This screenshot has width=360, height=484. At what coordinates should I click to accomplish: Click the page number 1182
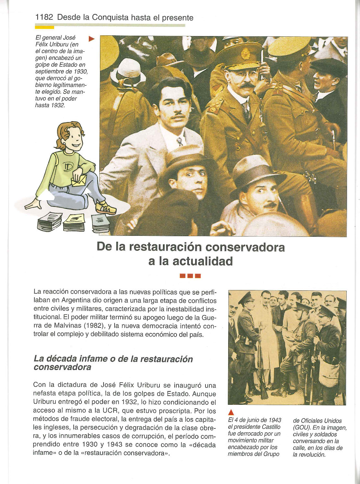click(x=44, y=17)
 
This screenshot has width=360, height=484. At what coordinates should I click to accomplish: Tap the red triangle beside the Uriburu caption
click(x=91, y=39)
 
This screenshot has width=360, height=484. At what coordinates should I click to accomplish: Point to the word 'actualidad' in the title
click(x=203, y=261)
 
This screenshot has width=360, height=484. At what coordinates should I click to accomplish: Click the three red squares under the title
click(x=191, y=276)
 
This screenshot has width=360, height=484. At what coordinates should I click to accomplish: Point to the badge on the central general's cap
click(x=245, y=54)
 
